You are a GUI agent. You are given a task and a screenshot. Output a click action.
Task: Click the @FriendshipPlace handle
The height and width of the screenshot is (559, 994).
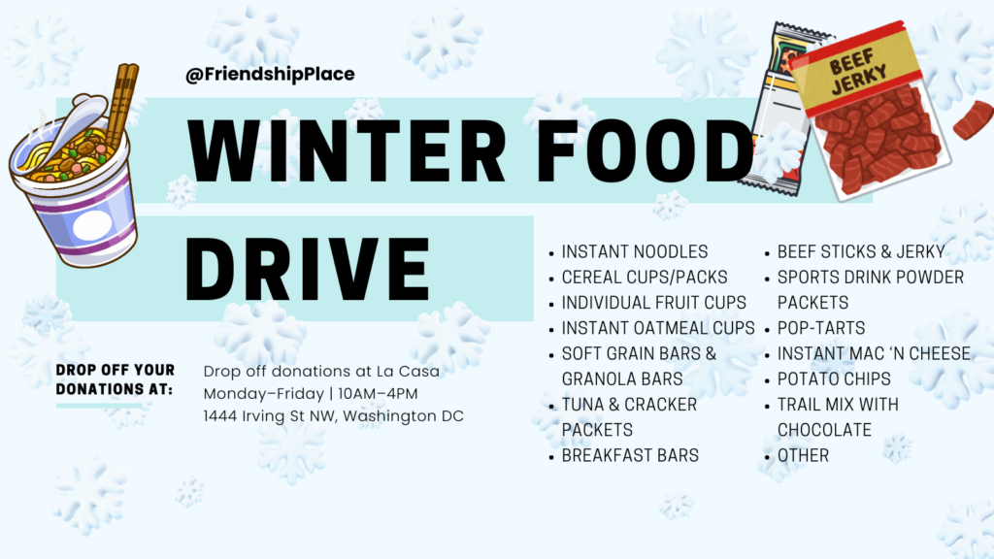coord(270,74)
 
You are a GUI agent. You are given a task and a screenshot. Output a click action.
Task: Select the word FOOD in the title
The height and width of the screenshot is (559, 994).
coord(646,150)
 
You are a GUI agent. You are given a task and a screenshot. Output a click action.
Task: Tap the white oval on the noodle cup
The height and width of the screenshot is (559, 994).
coord(92,225)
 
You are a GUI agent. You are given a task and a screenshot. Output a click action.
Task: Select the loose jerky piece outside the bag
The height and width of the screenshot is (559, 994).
coord(973,119)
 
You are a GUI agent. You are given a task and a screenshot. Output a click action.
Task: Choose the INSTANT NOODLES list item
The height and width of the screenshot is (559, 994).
coord(635,251)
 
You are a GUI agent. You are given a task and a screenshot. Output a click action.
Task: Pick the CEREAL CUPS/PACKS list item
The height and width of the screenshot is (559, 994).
coord(645,277)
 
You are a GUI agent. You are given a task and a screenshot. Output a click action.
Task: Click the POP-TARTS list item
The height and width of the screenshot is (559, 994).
coord(821,328)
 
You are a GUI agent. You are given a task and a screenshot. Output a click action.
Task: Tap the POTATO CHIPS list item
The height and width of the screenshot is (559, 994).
coord(834,378)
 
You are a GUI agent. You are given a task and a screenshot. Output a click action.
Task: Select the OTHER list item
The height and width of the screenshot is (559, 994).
coord(803,455)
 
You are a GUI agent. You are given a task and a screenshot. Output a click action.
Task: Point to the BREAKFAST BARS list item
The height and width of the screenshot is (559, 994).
coord(630,455)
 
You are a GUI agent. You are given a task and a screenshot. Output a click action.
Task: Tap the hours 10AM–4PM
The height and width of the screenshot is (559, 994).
coord(378,394)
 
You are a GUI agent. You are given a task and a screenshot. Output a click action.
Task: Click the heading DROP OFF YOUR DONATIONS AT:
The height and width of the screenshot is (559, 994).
coord(115,379)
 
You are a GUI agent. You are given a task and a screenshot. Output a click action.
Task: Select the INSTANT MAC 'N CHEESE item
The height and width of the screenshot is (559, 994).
coord(874,353)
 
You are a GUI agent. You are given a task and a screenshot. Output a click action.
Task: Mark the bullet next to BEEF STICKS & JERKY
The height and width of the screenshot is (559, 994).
coord(767,253)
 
